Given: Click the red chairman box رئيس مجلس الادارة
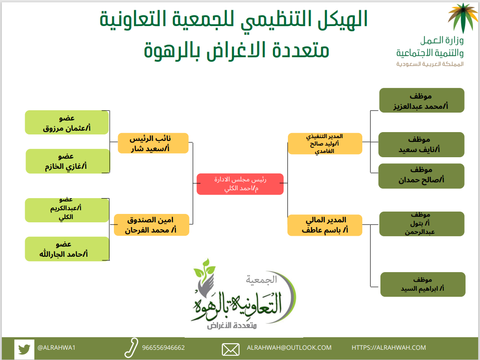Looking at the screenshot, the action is [x=240, y=184].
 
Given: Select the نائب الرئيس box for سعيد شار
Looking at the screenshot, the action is [x=153, y=143].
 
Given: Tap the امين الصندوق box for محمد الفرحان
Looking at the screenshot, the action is [x=152, y=225].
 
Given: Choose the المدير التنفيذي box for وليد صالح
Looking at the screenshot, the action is [x=325, y=144].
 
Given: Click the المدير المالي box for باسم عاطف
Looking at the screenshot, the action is [x=325, y=225].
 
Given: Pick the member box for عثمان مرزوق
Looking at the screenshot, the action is [x=67, y=122].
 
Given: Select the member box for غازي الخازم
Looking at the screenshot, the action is [x=67, y=161].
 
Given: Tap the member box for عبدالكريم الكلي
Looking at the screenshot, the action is [x=67, y=210].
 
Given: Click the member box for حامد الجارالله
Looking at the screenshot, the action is [x=67, y=249].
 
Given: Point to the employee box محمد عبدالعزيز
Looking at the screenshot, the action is [x=422, y=100].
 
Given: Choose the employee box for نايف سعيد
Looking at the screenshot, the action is [x=421, y=145].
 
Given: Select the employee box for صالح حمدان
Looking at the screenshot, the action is [x=421, y=176].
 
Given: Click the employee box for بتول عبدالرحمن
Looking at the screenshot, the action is [x=422, y=224].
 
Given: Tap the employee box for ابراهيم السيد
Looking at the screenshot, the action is [x=423, y=284].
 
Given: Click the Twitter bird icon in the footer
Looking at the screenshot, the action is [x=24, y=349].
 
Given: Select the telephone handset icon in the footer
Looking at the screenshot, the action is [x=131, y=348].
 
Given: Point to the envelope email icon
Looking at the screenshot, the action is [x=231, y=350].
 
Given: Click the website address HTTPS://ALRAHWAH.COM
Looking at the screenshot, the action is [x=389, y=348].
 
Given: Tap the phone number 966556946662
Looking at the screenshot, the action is [x=163, y=348].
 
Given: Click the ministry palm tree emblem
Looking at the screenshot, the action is [x=463, y=18].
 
